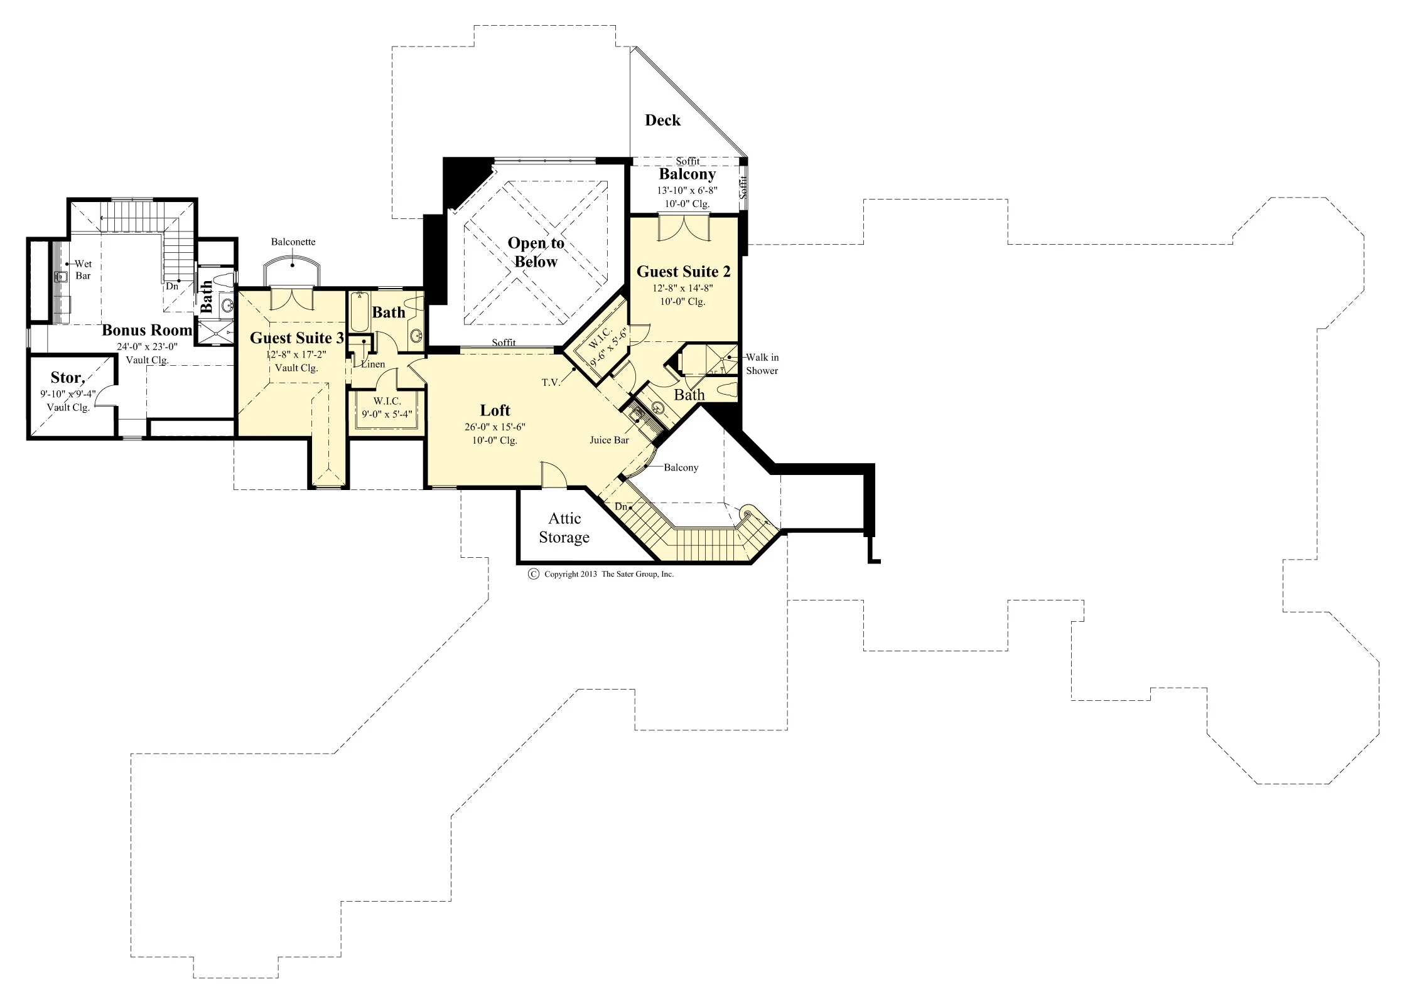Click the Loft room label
click(495, 410)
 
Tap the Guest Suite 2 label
click(684, 272)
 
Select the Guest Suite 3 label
click(297, 338)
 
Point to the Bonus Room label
click(147, 330)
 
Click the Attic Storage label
click(564, 528)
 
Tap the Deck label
click(662, 120)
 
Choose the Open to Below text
click(536, 252)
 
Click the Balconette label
click(293, 242)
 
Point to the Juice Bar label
click(609, 440)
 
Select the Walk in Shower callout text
click(762, 364)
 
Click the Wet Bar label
click(83, 270)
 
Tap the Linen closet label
click(373, 364)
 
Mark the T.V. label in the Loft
click(551, 382)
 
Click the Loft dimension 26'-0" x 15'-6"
click(495, 427)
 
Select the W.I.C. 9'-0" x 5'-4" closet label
click(387, 407)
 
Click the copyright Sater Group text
click(602, 573)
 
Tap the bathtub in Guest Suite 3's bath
click(359, 311)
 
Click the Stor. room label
click(67, 377)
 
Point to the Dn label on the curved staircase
click(621, 506)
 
